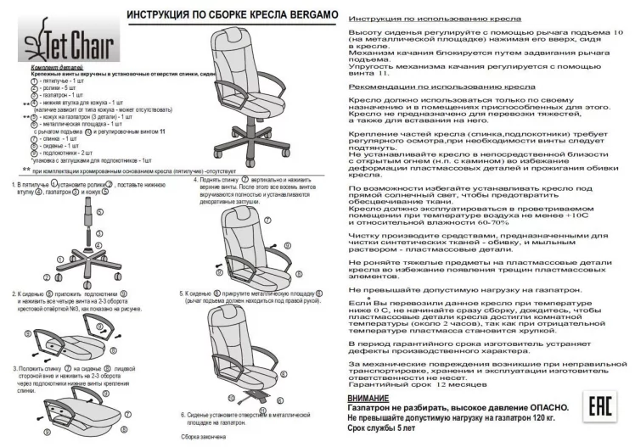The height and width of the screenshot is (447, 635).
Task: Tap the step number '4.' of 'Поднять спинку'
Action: point(196,181)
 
